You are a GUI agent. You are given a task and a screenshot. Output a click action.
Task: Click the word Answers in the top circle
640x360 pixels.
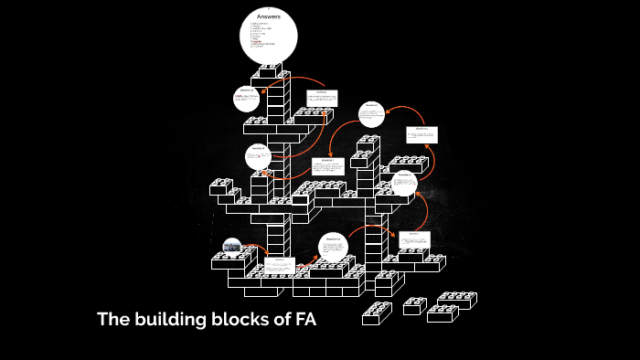coord(269,16)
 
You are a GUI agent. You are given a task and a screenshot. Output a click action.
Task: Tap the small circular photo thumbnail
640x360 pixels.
coord(232,246)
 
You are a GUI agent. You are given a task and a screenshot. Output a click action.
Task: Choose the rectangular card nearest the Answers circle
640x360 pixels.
coord(321,97)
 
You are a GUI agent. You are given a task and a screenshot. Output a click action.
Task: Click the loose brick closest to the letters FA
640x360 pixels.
coord(376,313)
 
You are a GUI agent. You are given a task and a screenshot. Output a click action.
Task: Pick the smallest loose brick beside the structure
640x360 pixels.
coord(415,306)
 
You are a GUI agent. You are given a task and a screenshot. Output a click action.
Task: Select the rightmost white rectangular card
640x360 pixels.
coord(421,134)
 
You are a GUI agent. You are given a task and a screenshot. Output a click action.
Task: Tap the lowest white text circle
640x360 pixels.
coord(334,248)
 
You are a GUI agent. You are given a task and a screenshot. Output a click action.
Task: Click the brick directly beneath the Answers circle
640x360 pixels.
coord(269,70)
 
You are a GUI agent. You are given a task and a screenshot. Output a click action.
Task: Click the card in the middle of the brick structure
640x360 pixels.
coord(326,166)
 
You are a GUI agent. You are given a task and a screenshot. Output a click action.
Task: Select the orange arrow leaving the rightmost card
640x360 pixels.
coord(423,161)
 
